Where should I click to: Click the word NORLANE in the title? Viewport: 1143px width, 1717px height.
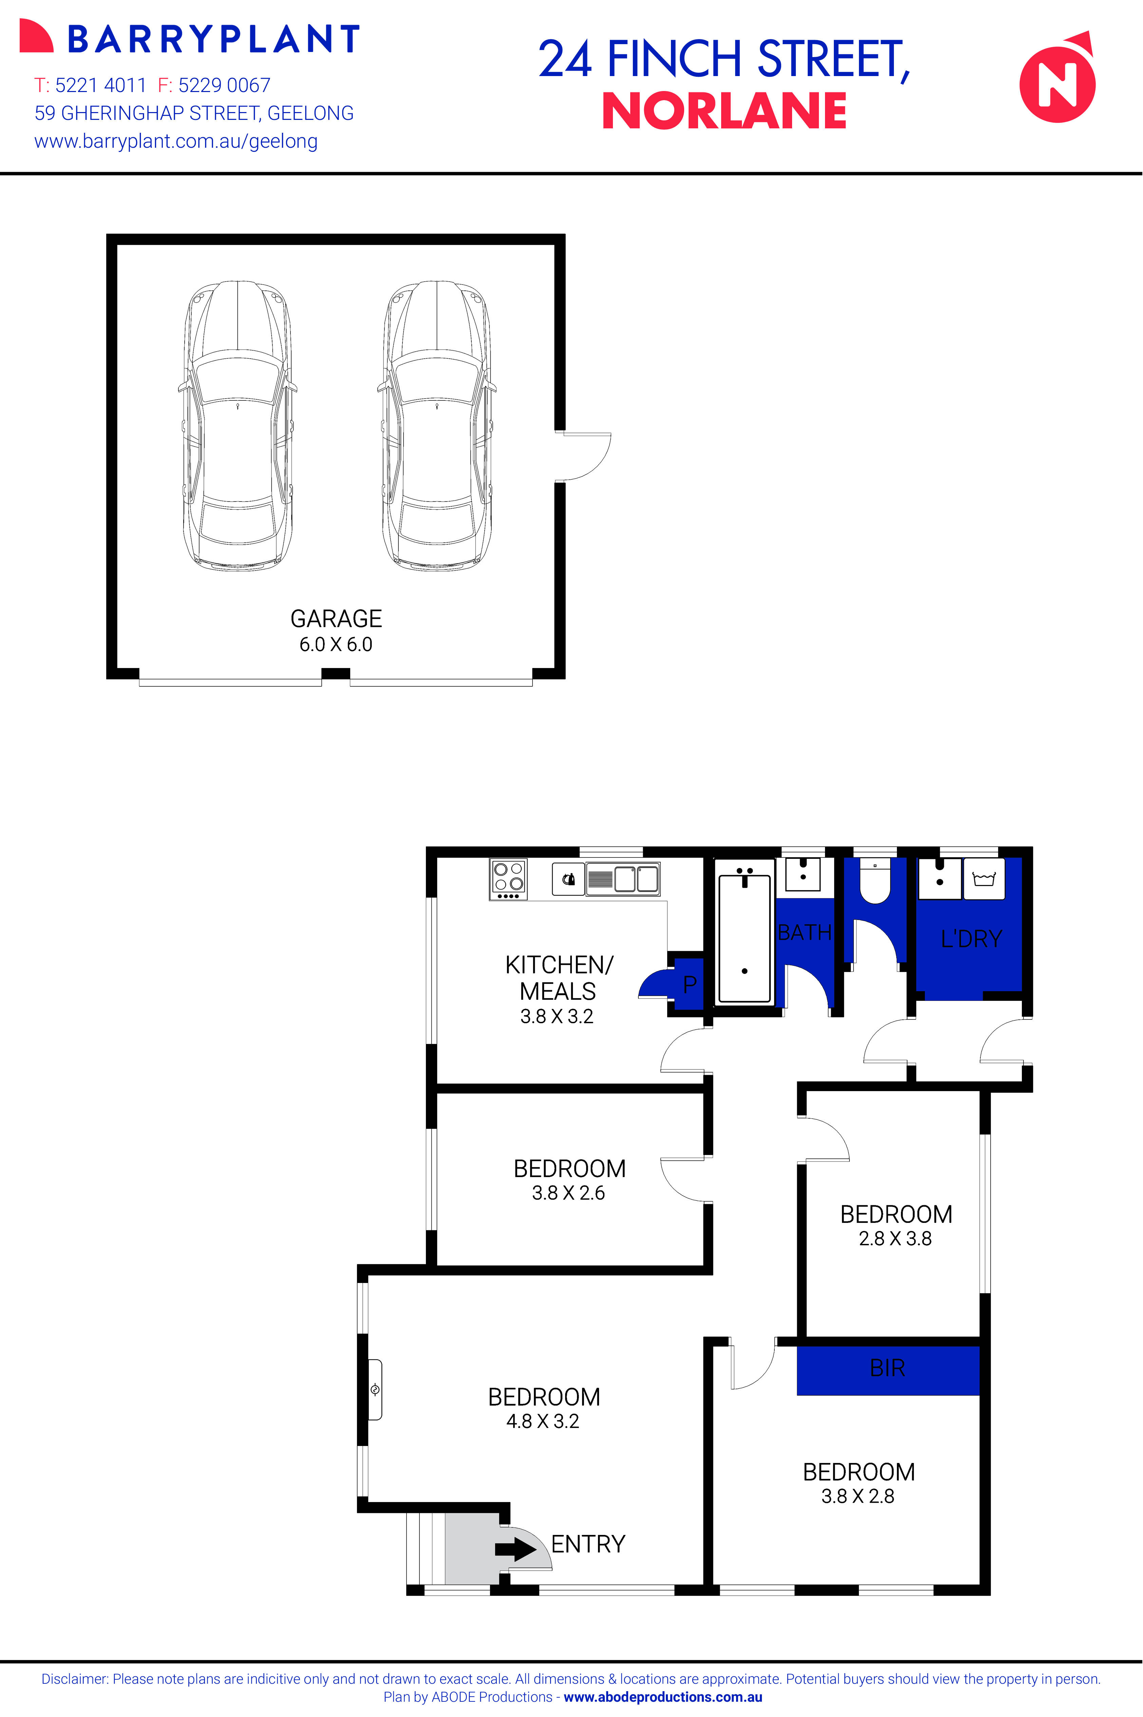coord(724,112)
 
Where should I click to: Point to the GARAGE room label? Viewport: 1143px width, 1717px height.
coord(336,618)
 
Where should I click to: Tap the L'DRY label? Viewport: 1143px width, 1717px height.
coord(971,939)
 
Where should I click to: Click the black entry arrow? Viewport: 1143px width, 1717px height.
coord(516,1549)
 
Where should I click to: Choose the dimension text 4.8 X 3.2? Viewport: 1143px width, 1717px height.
coord(543,1421)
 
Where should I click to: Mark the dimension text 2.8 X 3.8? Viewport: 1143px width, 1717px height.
coord(895,1239)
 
